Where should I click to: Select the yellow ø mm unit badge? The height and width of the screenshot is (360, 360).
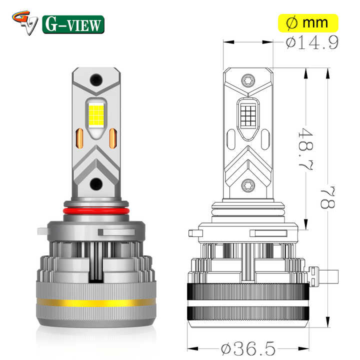(308, 23)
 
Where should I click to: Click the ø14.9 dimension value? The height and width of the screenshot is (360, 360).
(313, 43)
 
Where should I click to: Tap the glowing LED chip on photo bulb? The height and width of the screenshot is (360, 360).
(97, 117)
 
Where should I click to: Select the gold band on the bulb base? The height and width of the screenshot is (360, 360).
(97, 302)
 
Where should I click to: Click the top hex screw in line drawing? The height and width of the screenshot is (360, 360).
(248, 80)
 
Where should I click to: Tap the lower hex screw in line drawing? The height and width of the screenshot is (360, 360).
(248, 185)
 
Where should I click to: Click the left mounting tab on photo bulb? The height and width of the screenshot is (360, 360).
(41, 232)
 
